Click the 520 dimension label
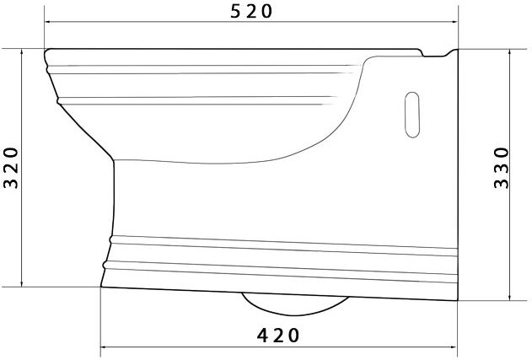(251, 11)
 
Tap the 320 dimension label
(11, 168)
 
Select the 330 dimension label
(502, 168)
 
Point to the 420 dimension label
(278, 336)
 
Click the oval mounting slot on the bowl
(412, 115)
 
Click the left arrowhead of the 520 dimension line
(48, 22)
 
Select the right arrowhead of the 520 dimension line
(454, 22)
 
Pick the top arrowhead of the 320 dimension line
(22, 52)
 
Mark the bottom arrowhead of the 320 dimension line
(22, 283)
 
